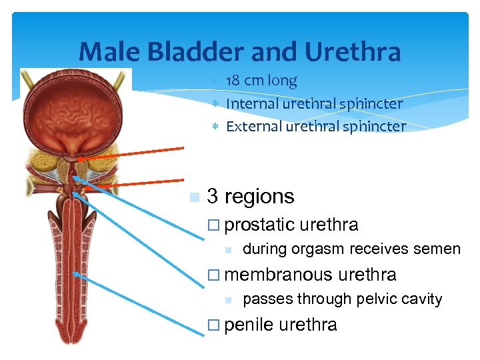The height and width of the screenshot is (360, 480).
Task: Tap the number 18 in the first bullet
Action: tap(233, 81)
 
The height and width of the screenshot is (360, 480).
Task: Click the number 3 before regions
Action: tap(213, 197)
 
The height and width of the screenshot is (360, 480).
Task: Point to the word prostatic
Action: tap(259, 225)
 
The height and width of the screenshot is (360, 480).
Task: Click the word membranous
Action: tap(279, 275)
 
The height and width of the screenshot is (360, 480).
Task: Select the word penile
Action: tap(249, 325)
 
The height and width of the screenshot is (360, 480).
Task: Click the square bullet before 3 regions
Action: tap(194, 197)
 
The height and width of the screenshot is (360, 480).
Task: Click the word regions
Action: tap(259, 197)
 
